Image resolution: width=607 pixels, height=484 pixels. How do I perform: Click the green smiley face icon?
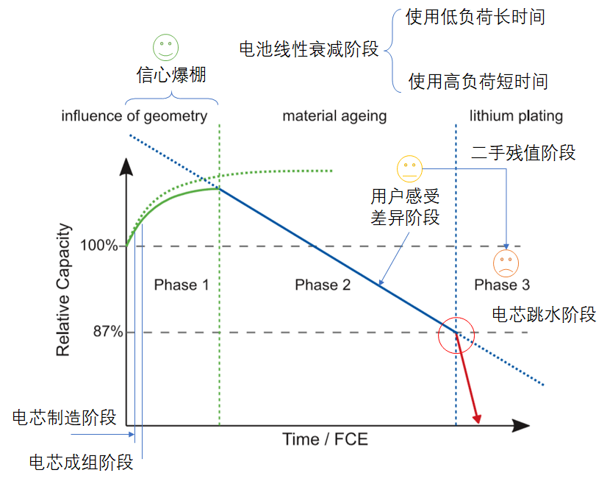(165, 48)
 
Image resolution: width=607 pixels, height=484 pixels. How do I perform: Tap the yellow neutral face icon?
(409, 169)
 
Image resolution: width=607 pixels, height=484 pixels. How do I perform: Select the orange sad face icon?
(506, 262)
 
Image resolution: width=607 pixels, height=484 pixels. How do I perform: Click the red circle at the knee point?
(456, 335)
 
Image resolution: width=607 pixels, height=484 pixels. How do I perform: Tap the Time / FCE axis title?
(325, 440)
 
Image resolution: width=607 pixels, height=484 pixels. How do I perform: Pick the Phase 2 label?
(323, 285)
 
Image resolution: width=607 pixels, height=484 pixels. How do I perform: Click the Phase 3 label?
(502, 285)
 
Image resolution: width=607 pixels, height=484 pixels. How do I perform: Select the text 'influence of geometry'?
(134, 116)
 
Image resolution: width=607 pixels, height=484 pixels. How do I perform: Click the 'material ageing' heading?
(334, 116)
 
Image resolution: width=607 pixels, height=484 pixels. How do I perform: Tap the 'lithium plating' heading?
(516, 116)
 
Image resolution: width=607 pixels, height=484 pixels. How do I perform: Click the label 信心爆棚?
(171, 75)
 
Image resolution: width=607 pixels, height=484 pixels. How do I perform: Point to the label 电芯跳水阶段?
(544, 315)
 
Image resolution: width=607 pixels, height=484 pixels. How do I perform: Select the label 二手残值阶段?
(523, 153)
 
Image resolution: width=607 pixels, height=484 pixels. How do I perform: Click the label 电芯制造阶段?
(65, 418)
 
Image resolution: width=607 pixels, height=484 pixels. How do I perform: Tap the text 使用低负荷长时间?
(475, 17)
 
